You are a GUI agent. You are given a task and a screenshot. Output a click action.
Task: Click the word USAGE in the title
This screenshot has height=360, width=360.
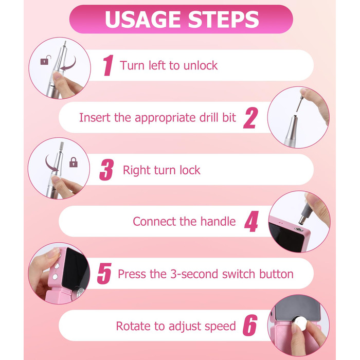coord(142,20)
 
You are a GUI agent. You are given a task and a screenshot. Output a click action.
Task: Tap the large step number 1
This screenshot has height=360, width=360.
coord(108,65)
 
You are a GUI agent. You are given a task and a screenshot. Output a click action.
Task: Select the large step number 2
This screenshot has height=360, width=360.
coord(250,118)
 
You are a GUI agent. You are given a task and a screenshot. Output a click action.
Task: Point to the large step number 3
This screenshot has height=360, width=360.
coord(106,170)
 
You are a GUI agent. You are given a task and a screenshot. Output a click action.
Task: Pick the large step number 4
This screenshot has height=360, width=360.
coord(251,222)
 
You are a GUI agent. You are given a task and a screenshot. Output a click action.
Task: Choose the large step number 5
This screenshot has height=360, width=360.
coord(104,274)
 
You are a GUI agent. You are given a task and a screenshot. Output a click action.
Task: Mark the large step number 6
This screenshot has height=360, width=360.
coord(250,326)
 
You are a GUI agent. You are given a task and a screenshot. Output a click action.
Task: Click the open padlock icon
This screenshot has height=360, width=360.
coord(45,60)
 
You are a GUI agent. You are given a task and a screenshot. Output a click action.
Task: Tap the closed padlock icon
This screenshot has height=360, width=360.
coord(74,162)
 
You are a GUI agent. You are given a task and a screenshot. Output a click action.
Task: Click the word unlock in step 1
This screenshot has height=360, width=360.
coord(201,65)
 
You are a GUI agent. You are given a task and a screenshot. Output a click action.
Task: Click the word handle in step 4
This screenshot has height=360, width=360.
coord(218,222)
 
